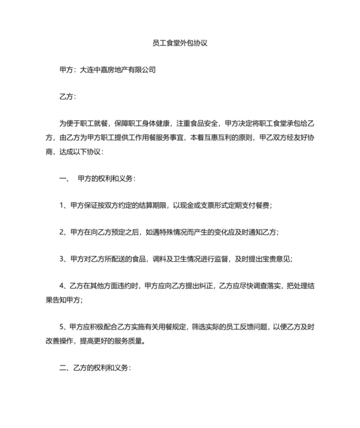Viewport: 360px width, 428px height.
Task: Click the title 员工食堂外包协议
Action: pos(179,44)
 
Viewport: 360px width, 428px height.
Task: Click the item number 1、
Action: pos(63,205)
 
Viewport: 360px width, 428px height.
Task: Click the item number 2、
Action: pos(63,232)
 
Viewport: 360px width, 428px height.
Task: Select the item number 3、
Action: pos(63,259)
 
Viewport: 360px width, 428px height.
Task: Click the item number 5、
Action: pos(63,327)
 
